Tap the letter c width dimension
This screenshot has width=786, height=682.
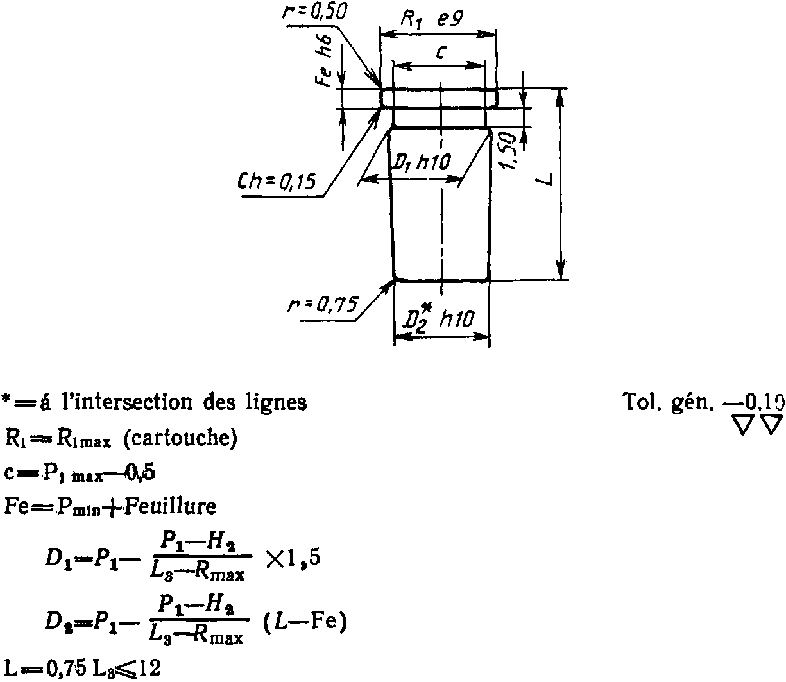click(440, 53)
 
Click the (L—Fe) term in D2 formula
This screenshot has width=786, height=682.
click(305, 622)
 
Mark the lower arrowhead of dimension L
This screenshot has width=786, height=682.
click(561, 270)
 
